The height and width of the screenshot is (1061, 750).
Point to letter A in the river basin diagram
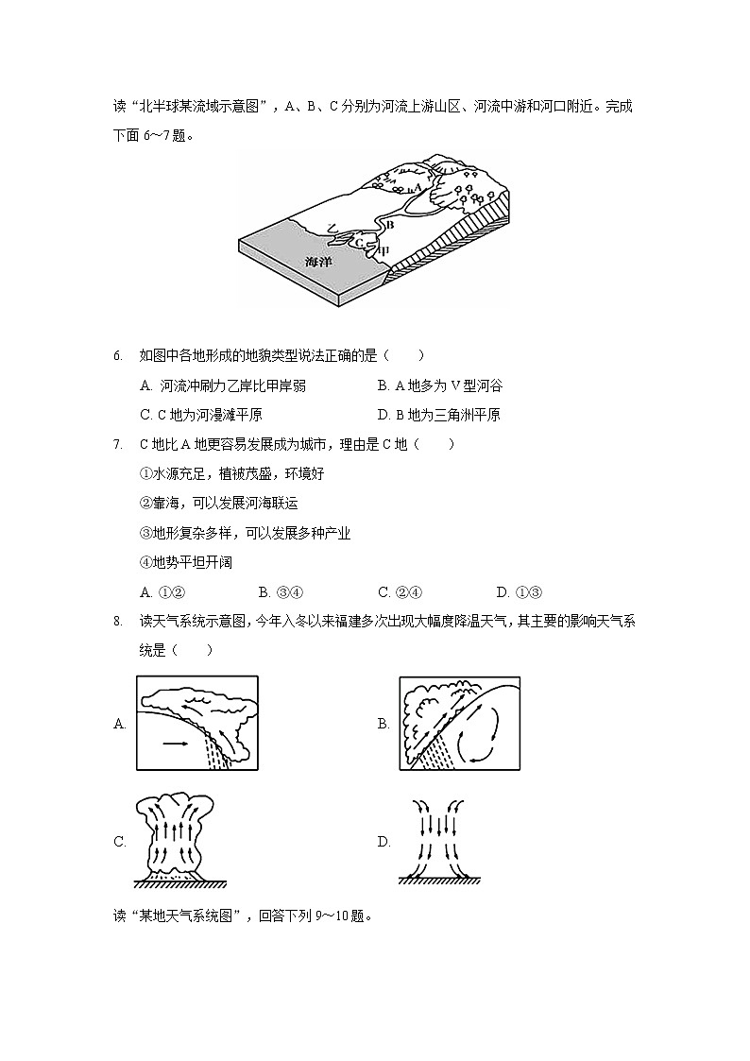tap(418, 187)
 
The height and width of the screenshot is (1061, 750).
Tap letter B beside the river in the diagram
tap(389, 224)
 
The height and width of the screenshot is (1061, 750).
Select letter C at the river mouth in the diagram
tap(360, 243)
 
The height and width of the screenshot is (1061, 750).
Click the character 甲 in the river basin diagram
tap(382, 251)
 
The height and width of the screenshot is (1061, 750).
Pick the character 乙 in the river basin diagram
tap(332, 228)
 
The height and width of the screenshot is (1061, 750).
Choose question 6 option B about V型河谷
tap(439, 385)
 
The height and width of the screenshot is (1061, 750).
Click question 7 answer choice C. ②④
tap(400, 592)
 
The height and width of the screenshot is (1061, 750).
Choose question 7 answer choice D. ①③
tap(518, 592)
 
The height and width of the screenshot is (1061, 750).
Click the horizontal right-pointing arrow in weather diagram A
tap(175, 744)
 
